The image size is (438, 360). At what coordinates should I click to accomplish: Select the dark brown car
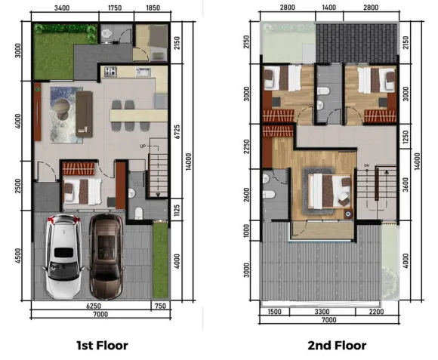(x=106, y=257)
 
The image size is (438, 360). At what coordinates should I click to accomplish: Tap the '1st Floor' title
(x=107, y=346)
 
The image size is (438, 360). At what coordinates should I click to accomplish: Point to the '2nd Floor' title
(x=337, y=346)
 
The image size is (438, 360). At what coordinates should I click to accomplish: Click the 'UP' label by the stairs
(x=143, y=146)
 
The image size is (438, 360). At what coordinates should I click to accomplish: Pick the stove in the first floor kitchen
(x=110, y=72)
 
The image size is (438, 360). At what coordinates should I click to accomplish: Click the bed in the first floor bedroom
(x=81, y=190)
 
